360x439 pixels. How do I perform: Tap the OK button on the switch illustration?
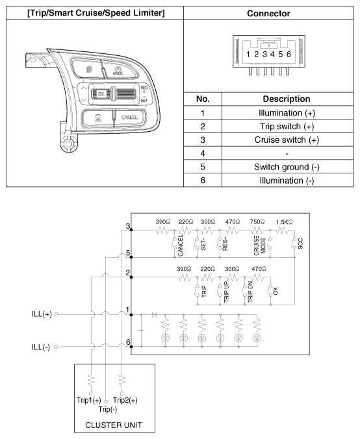[x=100, y=94]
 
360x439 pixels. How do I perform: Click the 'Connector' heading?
[x=269, y=14]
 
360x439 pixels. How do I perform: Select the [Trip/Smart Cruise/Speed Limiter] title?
[x=90, y=14]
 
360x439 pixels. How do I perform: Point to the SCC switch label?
[x=300, y=244]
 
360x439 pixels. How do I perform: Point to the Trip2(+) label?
[x=125, y=400]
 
